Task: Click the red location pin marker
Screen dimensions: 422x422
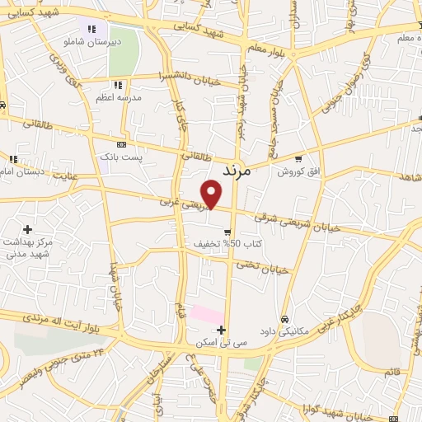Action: tap(213, 194)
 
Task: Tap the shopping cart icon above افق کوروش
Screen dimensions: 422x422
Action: tap(298, 159)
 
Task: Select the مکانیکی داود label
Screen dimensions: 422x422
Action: tap(284, 331)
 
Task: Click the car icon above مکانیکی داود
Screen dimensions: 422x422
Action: tap(284, 319)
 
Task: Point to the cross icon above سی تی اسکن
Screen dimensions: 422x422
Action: tap(221, 330)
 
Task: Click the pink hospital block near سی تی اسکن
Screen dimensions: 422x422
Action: tap(206, 314)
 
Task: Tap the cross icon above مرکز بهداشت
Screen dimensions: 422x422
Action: tap(28, 228)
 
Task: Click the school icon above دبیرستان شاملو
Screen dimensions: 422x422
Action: tap(91, 29)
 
